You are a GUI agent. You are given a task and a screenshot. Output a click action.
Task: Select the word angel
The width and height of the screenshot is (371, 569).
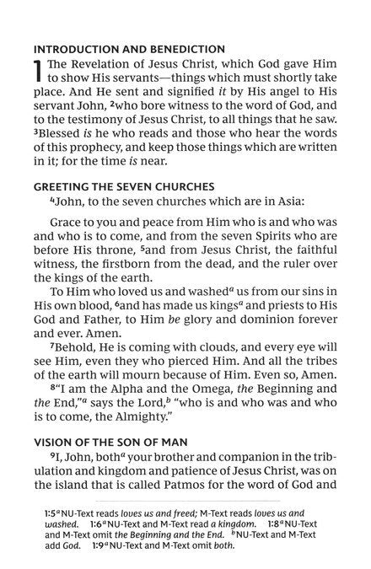point(275,98)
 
